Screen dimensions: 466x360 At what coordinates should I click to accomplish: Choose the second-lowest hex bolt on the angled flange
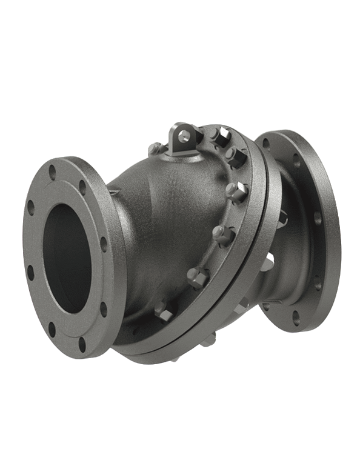(x=198, y=276)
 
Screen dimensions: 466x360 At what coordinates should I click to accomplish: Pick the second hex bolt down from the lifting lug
(x=235, y=155)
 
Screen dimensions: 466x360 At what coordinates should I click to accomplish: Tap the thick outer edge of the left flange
(x=112, y=255)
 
